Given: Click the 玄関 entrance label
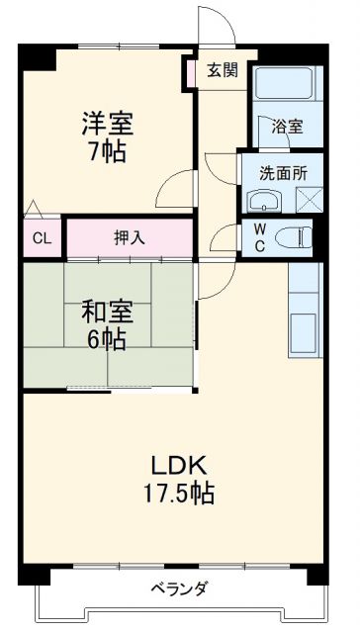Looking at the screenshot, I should click(223, 70).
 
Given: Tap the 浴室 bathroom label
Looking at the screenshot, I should click(288, 127).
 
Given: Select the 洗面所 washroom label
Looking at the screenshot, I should click(283, 170).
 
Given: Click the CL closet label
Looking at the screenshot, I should click(41, 237).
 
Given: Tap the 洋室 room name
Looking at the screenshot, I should click(105, 125).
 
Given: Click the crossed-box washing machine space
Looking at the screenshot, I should click(306, 200).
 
